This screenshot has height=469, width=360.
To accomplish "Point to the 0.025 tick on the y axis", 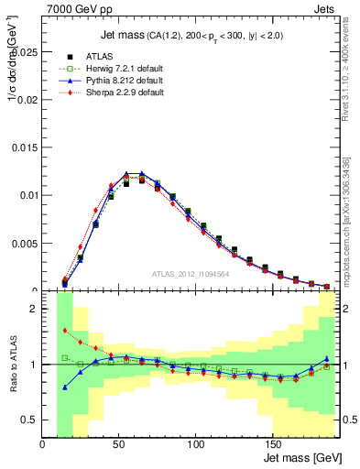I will tap(27, 52).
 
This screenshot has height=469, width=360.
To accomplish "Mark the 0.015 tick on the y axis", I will tap(27, 147).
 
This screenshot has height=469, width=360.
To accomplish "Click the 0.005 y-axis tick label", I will tap(27, 243).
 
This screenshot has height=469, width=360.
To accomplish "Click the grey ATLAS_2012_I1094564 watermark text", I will tap(191, 273).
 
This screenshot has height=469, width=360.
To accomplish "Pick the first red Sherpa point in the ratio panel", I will tap(64, 331).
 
